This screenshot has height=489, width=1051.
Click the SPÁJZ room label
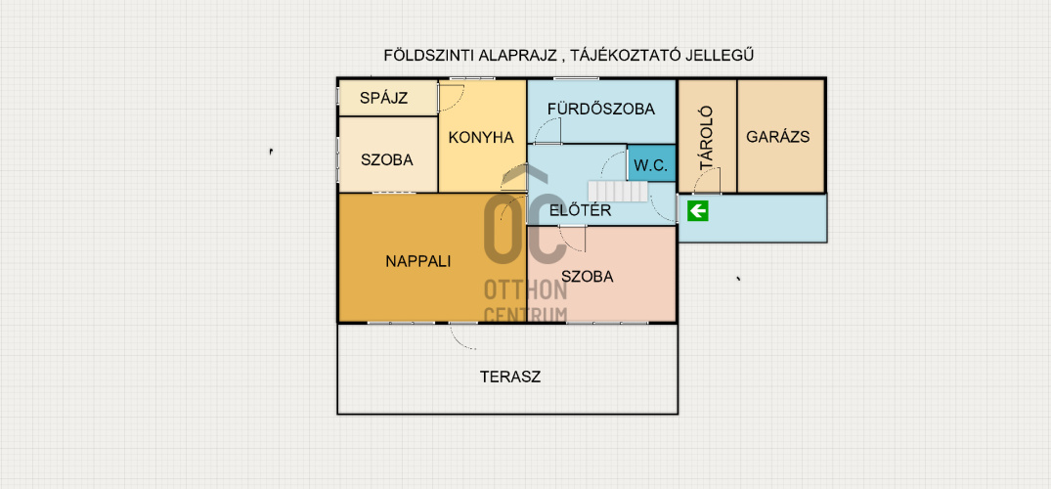[x=383, y=98]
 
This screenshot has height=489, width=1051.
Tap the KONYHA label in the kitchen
[x=481, y=138]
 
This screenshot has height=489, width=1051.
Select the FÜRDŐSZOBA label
[x=600, y=109]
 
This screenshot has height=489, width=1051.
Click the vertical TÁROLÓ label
[x=706, y=138]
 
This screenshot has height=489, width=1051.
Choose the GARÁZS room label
[x=778, y=137]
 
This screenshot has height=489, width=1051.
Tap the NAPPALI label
[x=418, y=261]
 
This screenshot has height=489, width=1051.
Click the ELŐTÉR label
[x=581, y=210]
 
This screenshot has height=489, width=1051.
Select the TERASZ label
[x=510, y=377]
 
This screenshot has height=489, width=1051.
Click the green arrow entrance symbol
[x=698, y=212]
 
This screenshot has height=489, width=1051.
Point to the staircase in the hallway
[x=618, y=191]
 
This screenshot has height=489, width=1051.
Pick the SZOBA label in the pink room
[x=588, y=277]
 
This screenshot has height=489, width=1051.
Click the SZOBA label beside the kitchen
[x=387, y=160]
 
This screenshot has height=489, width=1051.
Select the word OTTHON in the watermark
[x=526, y=290]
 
